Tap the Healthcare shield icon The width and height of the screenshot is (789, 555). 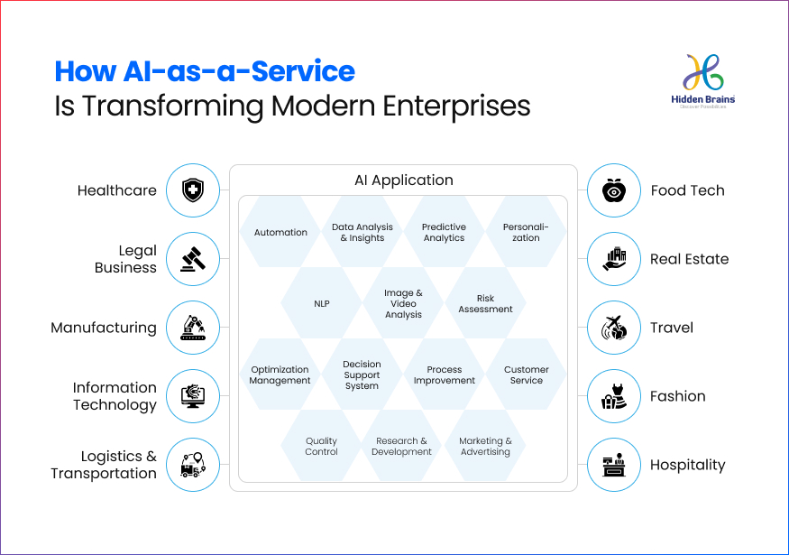192,190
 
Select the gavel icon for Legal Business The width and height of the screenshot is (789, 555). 192,259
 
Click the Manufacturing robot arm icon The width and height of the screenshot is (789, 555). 192,328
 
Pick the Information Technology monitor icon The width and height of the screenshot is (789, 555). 192,396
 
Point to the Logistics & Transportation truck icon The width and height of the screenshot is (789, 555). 192,465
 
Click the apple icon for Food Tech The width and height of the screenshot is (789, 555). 614,190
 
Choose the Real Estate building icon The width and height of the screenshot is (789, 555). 614,259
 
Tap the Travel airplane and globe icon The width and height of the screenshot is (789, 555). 614,328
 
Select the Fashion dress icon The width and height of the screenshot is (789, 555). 614,396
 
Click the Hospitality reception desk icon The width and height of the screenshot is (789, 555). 614,465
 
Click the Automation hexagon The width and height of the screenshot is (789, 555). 280,233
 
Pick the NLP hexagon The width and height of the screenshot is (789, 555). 322,304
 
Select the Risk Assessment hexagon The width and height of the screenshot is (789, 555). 485,304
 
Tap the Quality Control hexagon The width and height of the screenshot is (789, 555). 322,447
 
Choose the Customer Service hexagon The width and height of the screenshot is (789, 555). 527,375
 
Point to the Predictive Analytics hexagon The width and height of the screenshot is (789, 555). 445,233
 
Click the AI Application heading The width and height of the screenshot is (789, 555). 403,180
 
